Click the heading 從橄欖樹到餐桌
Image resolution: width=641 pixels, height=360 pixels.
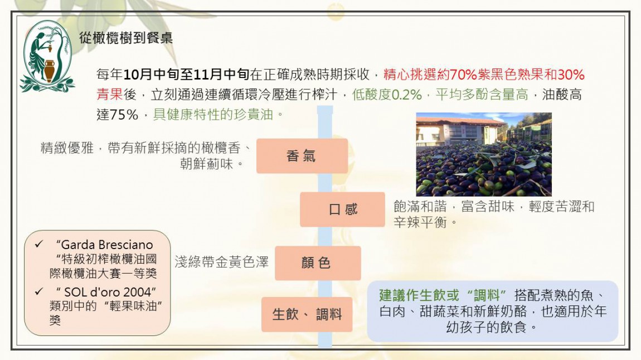point(126,38)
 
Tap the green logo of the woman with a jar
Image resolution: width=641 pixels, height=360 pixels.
point(47,56)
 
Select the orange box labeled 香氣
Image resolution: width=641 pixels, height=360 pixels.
point(302,155)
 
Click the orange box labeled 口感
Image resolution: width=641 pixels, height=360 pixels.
point(343,209)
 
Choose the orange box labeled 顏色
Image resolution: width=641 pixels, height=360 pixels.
point(318,262)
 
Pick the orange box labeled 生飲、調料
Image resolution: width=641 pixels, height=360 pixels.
point(307,314)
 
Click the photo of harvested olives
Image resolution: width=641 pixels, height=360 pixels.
point(484,154)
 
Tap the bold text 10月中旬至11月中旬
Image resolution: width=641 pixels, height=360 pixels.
point(186,74)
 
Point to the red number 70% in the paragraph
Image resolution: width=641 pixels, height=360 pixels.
point(463,74)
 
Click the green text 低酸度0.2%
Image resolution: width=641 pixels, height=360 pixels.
point(387,95)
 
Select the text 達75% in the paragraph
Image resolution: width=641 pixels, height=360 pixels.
point(117,114)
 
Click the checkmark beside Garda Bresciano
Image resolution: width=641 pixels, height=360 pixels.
point(39,244)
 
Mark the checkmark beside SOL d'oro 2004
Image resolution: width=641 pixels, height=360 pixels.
point(39,291)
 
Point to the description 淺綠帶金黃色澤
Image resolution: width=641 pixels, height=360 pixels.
point(222,262)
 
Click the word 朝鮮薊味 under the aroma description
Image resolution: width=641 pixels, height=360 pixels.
point(206,164)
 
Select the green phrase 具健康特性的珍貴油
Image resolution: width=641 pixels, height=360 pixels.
point(213,114)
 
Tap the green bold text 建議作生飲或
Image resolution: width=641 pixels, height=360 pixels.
point(419,295)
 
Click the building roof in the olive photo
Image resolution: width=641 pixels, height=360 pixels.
point(460,120)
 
